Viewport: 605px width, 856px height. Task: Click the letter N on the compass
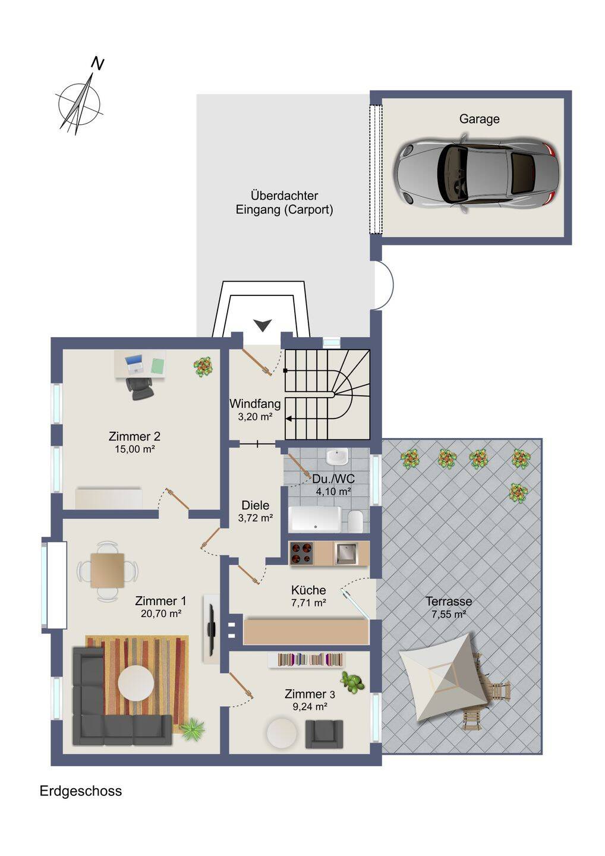point(98,64)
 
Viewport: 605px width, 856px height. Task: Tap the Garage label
point(479,119)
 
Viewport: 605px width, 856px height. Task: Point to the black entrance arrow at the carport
point(263,325)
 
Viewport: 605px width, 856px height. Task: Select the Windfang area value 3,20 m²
point(255,417)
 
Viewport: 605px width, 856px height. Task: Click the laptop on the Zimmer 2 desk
point(134,364)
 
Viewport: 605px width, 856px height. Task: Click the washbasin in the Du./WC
point(337,457)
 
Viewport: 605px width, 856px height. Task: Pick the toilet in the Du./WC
point(355,521)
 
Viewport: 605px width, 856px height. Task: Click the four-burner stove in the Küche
point(302,553)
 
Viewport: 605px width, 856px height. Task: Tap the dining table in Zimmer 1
point(108,571)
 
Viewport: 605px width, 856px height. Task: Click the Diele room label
point(255,505)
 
